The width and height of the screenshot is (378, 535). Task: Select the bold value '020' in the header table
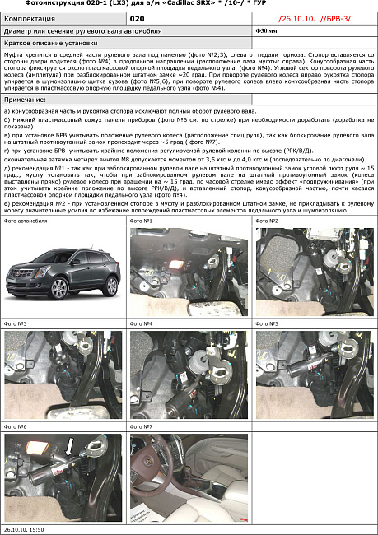(139, 17)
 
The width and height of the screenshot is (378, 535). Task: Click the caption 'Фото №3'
(17, 325)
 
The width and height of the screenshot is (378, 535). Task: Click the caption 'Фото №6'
(17, 427)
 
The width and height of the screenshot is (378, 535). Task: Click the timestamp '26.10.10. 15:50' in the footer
(24, 530)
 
